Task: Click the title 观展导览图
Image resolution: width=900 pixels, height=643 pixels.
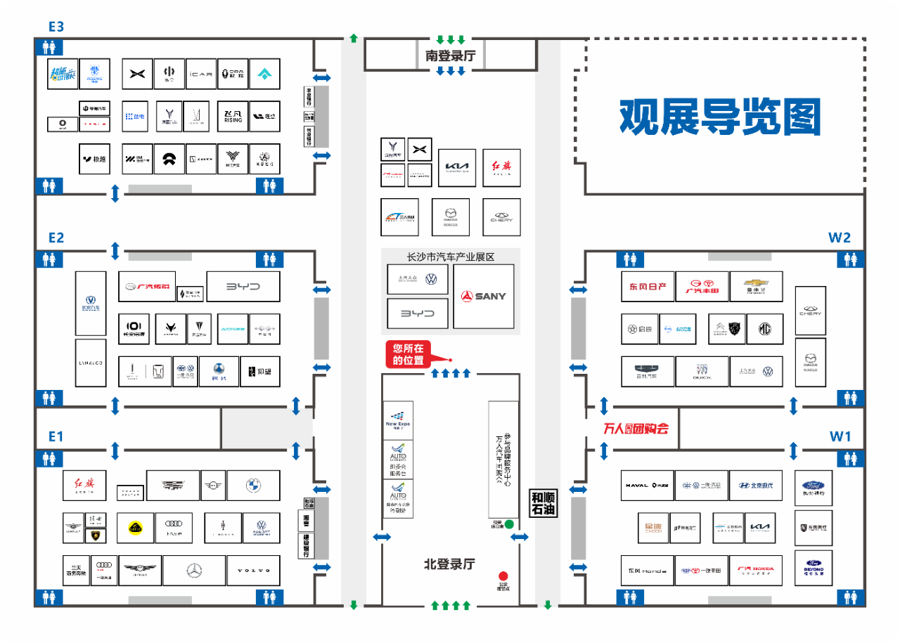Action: click(720, 117)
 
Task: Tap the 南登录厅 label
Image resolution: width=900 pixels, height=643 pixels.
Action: click(450, 56)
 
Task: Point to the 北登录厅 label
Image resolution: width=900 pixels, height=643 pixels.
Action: click(449, 564)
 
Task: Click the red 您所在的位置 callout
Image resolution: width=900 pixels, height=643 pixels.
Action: click(409, 353)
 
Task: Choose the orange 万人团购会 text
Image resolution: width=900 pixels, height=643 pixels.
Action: click(636, 429)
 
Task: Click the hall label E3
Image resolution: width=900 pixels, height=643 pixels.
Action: click(56, 27)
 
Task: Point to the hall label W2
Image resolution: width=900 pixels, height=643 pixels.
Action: click(840, 238)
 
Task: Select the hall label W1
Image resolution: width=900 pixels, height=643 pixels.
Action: click(840, 436)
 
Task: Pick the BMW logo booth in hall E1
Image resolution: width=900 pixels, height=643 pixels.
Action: click(254, 486)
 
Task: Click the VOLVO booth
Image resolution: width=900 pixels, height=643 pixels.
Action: click(253, 570)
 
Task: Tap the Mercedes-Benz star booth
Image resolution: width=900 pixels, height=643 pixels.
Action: click(194, 570)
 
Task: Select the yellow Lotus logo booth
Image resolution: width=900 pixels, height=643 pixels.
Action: click(135, 528)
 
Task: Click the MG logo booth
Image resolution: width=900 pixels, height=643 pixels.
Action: click(764, 329)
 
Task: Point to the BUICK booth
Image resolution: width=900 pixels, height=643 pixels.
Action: click(702, 372)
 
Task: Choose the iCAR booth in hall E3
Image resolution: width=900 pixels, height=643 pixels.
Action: click(201, 74)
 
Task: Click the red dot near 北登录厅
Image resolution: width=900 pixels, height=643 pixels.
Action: click(503, 576)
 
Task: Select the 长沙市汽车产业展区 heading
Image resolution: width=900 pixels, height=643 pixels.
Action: click(451, 256)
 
